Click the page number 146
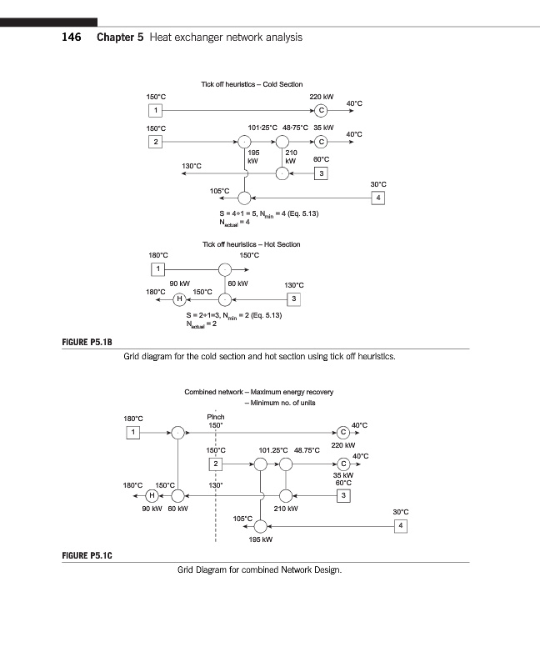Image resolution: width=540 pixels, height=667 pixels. click(x=70, y=38)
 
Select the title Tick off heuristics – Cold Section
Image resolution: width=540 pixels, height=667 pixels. click(x=252, y=84)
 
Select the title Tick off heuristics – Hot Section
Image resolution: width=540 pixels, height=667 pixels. click(x=252, y=244)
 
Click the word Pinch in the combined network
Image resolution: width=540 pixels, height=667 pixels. click(x=215, y=417)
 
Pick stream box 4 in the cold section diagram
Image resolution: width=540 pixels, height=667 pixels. click(x=378, y=198)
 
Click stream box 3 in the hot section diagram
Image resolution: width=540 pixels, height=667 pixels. click(x=292, y=298)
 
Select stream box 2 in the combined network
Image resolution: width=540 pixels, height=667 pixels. click(x=216, y=464)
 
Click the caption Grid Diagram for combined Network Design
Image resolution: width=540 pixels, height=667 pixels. click(x=259, y=570)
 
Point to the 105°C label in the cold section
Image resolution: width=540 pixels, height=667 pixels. click(x=220, y=191)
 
